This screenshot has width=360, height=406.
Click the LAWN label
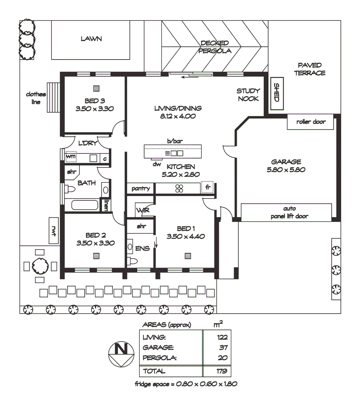91,39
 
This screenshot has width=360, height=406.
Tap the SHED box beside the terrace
277,93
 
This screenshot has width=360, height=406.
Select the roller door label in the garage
310,122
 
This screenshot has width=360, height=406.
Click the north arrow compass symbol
121,354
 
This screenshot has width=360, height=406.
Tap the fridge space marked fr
207,187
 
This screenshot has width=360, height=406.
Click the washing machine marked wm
71,156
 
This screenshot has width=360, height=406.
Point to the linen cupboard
107,205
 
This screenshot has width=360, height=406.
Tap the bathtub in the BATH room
85,206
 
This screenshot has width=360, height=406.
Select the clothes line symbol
53,97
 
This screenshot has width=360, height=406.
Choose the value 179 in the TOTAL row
222,371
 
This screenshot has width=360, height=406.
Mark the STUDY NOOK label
248,95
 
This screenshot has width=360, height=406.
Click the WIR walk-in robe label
143,211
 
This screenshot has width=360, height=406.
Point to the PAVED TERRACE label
310,69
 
